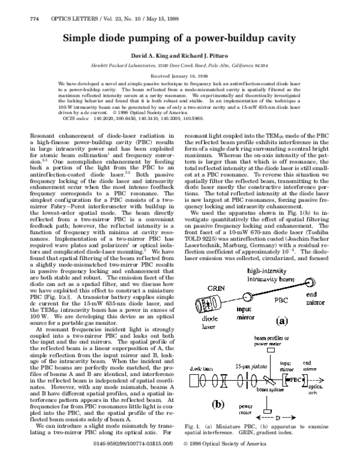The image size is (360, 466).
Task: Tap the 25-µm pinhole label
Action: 241,366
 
